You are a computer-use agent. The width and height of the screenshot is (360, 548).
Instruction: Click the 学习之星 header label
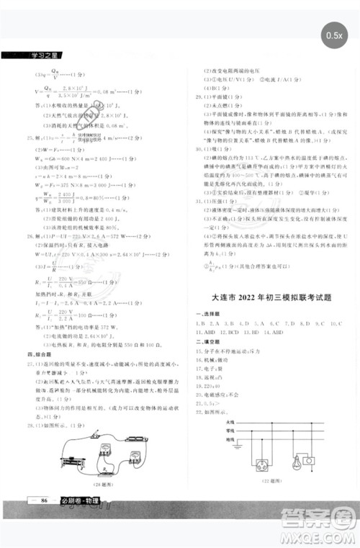(25, 55)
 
